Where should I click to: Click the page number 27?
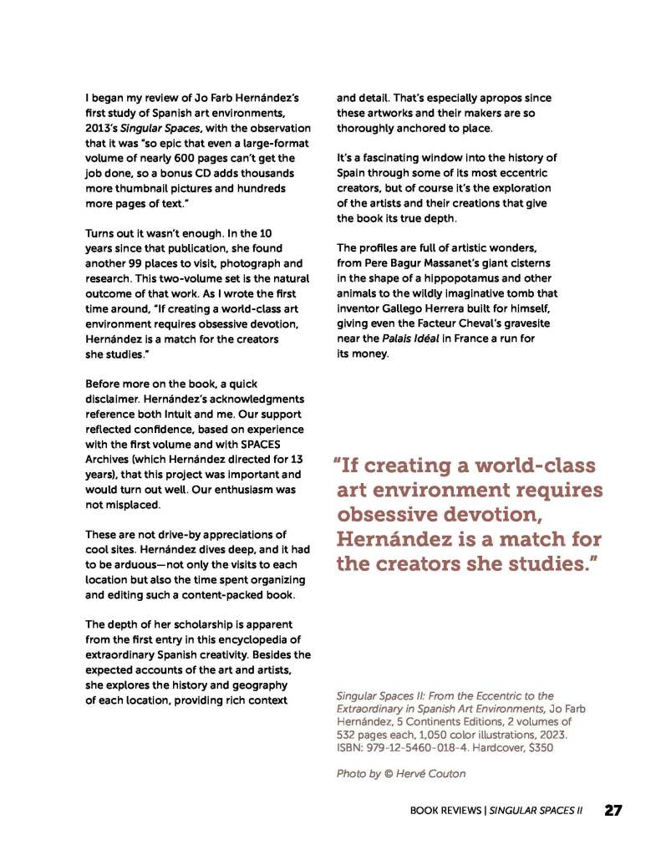click(x=613, y=810)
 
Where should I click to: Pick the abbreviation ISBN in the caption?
click(x=349, y=748)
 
